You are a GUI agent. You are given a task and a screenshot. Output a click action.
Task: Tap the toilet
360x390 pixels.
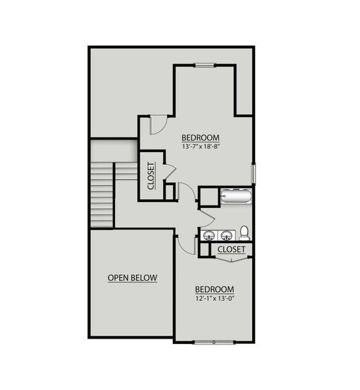(244, 232)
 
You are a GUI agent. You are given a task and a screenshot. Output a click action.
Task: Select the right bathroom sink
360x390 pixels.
(227, 235)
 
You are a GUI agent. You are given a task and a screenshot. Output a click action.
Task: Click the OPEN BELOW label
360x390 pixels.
(133, 278)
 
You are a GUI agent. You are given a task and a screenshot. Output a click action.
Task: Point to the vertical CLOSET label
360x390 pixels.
(151, 175)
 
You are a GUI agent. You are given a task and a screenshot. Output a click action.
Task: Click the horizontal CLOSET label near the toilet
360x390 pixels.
(231, 249)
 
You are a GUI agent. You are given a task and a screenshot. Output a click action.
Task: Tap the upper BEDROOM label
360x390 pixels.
(200, 138)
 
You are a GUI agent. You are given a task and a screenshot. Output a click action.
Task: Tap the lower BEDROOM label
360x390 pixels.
(214, 289)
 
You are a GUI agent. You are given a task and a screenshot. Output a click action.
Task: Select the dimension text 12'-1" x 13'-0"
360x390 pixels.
(214, 299)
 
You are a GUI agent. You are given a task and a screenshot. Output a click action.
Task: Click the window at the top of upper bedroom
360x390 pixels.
(204, 64)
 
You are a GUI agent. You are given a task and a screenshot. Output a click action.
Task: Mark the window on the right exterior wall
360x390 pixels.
(253, 172)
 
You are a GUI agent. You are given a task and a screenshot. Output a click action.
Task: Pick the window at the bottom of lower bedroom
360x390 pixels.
(213, 341)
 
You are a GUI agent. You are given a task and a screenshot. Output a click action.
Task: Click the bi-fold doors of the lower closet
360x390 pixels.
(231, 259)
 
